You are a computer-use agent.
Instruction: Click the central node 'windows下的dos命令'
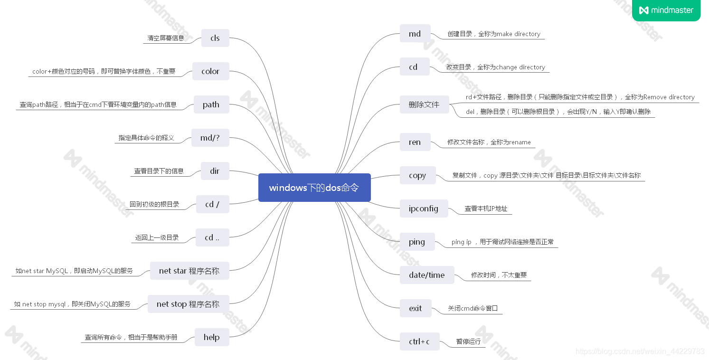314,188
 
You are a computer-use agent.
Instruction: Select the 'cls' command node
215,38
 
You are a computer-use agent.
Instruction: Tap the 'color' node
210,71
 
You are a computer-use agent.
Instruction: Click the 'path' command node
211,104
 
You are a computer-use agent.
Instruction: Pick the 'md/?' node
210,138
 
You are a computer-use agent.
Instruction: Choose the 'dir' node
215,171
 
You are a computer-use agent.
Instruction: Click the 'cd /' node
212,204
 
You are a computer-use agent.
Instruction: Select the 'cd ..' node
212,237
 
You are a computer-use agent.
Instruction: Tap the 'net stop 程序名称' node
188,304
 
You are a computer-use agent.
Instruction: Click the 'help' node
211,337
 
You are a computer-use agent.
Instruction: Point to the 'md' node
415,34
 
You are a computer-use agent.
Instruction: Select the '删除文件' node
424,104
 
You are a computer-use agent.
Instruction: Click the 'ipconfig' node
424,208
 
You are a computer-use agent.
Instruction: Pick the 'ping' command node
417,242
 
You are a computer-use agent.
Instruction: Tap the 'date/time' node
426,275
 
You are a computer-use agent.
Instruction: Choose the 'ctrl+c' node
419,341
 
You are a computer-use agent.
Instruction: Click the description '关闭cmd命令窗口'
473,308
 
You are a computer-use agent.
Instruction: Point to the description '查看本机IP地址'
486,208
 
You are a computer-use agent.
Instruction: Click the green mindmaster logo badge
666,10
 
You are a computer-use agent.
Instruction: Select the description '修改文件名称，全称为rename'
489,142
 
